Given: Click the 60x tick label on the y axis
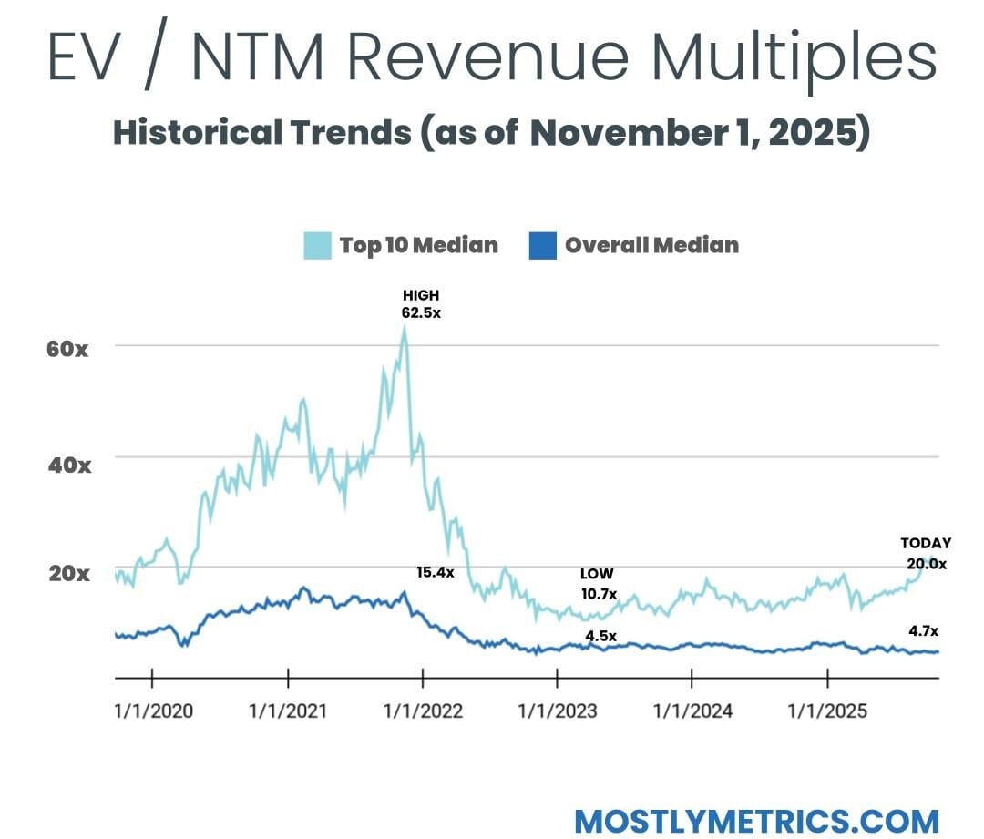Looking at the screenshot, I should coord(67,348).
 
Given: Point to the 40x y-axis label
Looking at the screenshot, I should coord(67,465).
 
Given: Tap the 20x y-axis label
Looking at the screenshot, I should coord(67,574).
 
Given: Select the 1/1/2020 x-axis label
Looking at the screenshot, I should coord(153,711).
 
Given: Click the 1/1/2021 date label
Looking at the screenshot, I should coord(288,711).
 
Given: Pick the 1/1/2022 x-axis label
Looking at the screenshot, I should coord(423,711).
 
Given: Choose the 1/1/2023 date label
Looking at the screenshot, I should coord(558,711).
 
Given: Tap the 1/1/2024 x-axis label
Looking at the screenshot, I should coord(692,711).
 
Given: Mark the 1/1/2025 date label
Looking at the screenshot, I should coord(827,711).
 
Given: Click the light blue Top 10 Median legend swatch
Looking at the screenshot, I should coord(317,245).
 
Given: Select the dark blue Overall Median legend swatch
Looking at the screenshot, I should coord(542,245).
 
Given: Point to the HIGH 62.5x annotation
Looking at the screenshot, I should coord(421,304).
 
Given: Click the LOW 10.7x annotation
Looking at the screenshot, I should coord(598,584).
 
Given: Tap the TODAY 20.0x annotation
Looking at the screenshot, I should coord(926,554).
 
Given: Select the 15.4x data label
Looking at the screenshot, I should coord(435,573).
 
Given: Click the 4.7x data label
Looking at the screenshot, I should coord(923,630).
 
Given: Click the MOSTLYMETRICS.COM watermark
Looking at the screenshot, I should coord(756,820).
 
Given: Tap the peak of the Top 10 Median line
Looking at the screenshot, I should coord(404,328).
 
